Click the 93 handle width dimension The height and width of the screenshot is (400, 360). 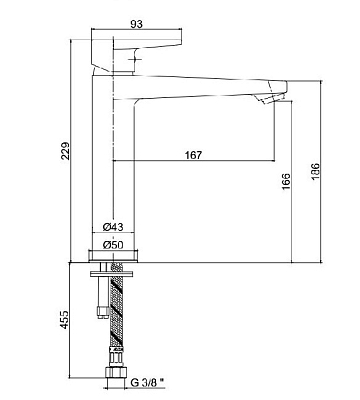[x=137, y=24]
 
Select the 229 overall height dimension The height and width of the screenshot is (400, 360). [x=66, y=151]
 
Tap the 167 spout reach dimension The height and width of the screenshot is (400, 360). [x=193, y=155]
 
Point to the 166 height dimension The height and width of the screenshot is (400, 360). [x=286, y=181]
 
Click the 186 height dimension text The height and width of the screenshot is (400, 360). [x=315, y=172]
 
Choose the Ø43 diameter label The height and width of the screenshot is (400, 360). [x=113, y=227]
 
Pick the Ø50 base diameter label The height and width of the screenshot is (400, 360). [x=113, y=245]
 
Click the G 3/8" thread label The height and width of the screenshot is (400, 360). [x=148, y=382]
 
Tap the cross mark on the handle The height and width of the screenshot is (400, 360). [x=134, y=60]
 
